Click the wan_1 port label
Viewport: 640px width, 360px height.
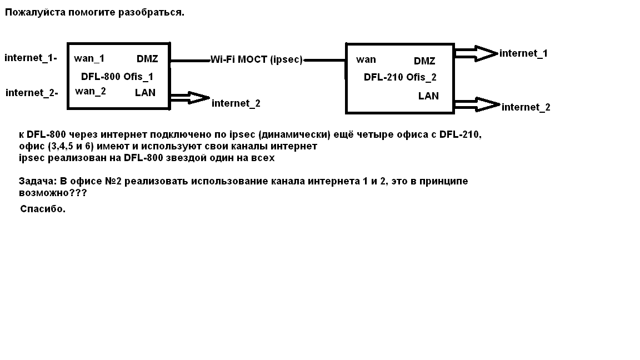[x=89, y=58]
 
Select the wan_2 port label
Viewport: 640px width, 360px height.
[x=90, y=91]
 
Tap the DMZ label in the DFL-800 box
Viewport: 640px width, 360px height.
[x=147, y=59]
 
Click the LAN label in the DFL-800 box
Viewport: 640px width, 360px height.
[x=145, y=92]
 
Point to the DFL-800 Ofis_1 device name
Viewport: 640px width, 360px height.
[x=117, y=76]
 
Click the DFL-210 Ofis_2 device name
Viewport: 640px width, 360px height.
[x=400, y=77]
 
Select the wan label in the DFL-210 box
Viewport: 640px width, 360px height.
[x=366, y=59]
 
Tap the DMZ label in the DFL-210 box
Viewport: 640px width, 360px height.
[x=424, y=61]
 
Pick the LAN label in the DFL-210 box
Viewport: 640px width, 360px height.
[x=428, y=96]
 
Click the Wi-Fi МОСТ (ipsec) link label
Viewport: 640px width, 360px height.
[x=256, y=60]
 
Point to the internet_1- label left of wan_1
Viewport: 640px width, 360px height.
[x=31, y=57]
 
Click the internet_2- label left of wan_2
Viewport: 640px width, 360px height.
[x=32, y=92]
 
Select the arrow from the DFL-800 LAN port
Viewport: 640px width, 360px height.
[x=190, y=98]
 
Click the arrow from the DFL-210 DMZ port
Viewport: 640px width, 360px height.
[x=476, y=53]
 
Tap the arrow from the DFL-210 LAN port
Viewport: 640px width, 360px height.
[x=477, y=104]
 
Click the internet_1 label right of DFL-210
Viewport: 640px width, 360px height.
[x=523, y=53]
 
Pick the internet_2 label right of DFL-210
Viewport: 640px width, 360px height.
[x=526, y=107]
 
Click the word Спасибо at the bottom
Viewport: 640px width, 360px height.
[x=43, y=209]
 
